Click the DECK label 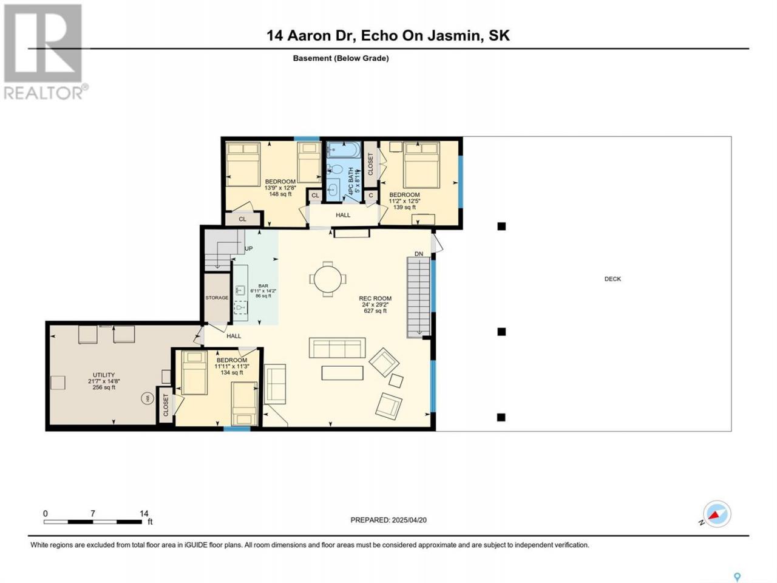612,279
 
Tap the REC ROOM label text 375,298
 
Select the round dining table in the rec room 328,279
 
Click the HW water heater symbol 148,398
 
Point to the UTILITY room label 104,375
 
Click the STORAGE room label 217,298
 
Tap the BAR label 263,285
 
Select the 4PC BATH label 351,180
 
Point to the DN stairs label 419,254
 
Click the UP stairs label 248,248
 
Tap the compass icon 716,514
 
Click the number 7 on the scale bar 93,513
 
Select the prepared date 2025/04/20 409,520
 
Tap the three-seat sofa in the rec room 337,348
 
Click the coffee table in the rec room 342,373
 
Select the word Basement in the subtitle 312,58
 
